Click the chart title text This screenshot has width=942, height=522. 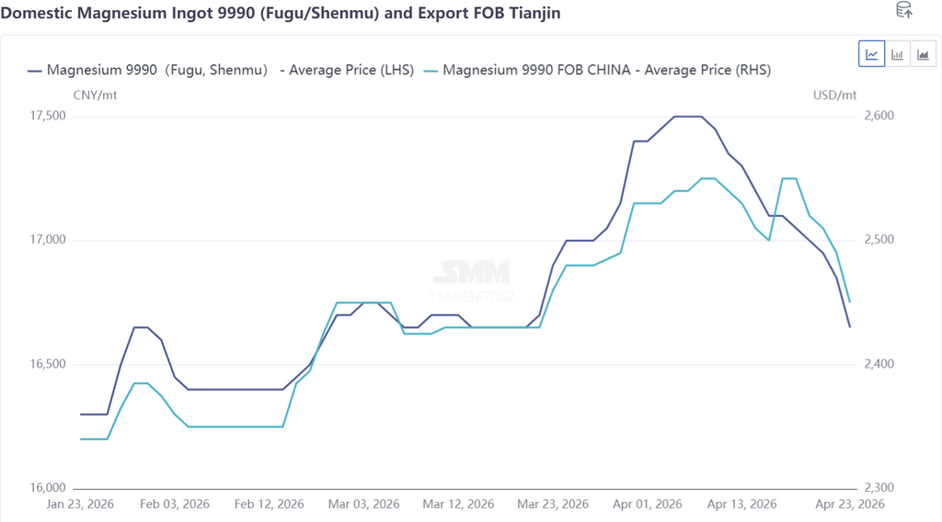[x=281, y=13]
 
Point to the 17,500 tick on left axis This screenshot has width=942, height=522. [x=49, y=117]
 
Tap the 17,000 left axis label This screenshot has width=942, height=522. [x=49, y=241]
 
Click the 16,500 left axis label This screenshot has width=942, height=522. [x=49, y=365]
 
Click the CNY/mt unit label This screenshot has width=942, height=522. [x=95, y=95]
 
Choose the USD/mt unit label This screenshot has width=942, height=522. [x=834, y=95]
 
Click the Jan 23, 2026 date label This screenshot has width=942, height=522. [x=81, y=505]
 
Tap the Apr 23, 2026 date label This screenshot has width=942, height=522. [x=849, y=505]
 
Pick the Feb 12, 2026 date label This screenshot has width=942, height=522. [x=269, y=505]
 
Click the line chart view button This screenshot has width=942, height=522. [x=871, y=54]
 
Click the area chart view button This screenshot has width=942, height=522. [x=923, y=54]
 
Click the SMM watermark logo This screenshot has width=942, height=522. [x=471, y=272]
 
